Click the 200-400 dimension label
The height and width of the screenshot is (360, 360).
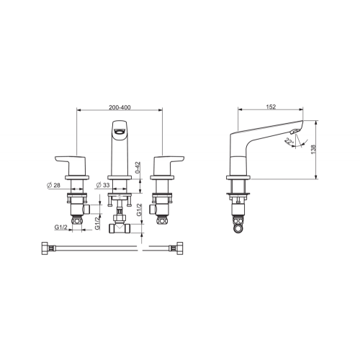[120, 107]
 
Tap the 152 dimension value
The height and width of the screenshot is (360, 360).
[271, 107]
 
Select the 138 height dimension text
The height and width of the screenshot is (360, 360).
[313, 149]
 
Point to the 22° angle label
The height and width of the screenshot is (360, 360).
[289, 141]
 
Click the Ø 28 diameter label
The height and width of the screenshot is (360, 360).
[54, 185]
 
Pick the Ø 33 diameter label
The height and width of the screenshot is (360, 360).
[103, 185]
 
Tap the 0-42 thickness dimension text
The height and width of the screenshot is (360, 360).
[138, 168]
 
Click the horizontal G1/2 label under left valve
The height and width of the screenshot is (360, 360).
[61, 227]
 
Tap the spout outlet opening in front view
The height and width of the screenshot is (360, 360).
[120, 131]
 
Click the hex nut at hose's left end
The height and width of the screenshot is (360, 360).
[45, 248]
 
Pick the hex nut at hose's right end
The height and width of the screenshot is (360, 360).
[179, 248]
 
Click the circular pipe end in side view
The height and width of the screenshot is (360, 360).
[238, 228]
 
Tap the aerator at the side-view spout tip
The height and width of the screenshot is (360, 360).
[294, 131]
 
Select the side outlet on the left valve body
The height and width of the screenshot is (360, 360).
[86, 209]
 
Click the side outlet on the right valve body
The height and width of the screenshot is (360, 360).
[153, 209]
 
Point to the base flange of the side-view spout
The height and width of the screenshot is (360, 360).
[238, 177]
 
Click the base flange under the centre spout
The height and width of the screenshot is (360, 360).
[120, 177]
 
